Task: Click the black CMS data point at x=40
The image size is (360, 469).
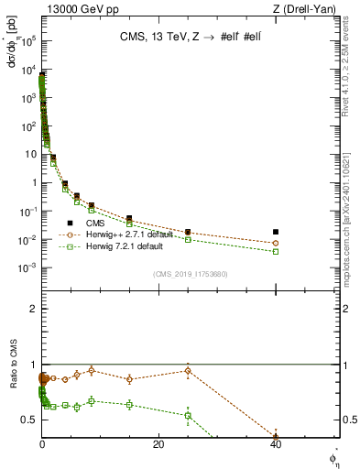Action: coord(276,232)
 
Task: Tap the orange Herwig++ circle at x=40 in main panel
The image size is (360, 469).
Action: coord(276,244)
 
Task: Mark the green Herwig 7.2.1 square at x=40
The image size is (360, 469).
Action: coord(276,251)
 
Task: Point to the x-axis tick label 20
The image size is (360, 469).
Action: coord(158,444)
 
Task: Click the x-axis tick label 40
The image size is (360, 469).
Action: coord(276,444)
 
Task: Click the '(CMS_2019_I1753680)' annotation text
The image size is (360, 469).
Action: coord(191,272)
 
